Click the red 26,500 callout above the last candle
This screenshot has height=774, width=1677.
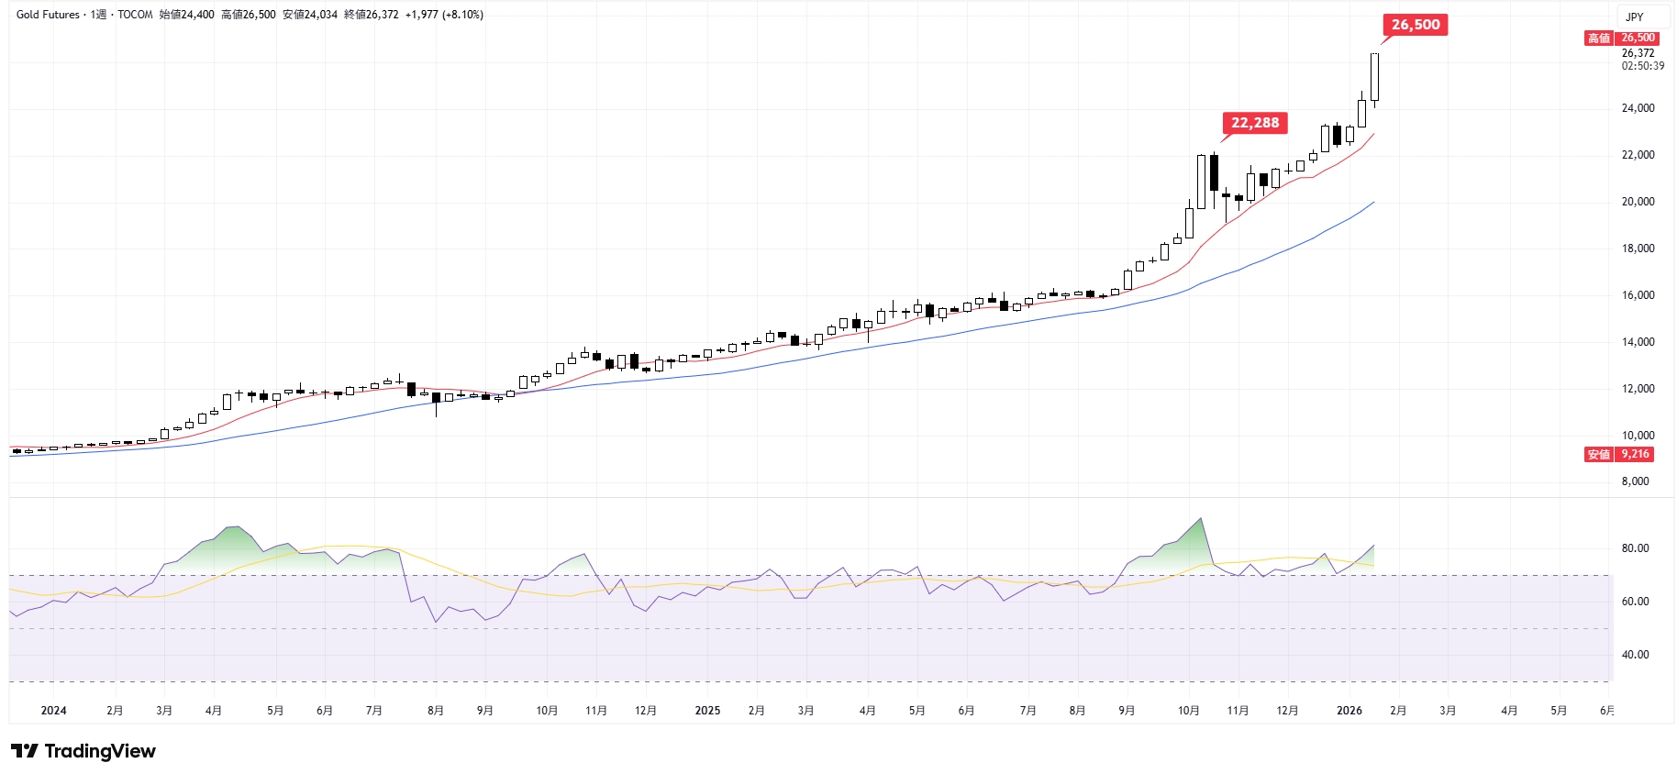point(1415,25)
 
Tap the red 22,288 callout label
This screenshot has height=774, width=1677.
point(1254,123)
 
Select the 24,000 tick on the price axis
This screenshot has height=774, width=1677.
point(1638,108)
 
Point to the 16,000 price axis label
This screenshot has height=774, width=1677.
point(1638,295)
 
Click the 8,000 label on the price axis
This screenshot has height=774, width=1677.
point(1635,481)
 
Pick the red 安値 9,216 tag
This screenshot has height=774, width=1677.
point(1619,455)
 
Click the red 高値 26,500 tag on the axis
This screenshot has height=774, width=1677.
point(1620,38)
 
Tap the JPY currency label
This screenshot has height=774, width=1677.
point(1634,17)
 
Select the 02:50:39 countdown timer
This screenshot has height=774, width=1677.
point(1642,66)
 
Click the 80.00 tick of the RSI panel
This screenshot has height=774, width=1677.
point(1635,548)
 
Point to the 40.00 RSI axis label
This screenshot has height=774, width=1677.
point(1635,655)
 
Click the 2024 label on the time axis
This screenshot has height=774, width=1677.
point(53,711)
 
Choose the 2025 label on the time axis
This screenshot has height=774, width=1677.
point(707,711)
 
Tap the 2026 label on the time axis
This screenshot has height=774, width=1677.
point(1349,711)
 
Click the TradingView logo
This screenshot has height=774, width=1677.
point(83,751)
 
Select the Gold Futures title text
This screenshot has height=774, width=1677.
point(48,15)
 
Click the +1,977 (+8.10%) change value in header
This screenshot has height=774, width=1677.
point(444,15)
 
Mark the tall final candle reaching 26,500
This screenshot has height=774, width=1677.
point(1374,77)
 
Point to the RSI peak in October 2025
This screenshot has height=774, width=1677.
point(1200,520)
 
